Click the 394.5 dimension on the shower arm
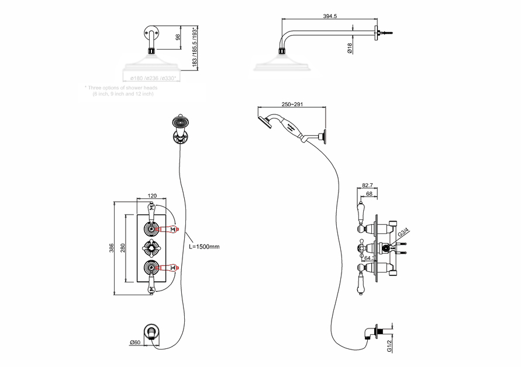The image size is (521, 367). coord(330,16)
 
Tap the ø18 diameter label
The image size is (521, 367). coord(349,49)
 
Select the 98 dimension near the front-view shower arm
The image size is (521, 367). coord(177,37)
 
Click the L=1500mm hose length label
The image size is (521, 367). coord(205,247)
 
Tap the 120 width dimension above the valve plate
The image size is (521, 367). coord(152,197)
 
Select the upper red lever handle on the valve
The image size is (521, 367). coord(170,229)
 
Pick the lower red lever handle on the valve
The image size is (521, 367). coord(170,269)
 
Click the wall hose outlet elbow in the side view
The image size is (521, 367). coord(370,334)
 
